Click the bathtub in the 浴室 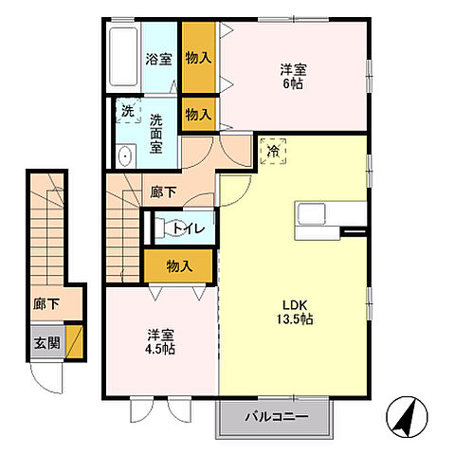pyautogui.click(x=123, y=57)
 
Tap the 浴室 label pyautogui.click(x=158, y=59)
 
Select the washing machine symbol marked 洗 pyautogui.click(x=128, y=111)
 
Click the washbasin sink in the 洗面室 pyautogui.click(x=125, y=156)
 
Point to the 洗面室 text pyautogui.click(x=156, y=134)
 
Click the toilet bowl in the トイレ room pyautogui.click(x=169, y=228)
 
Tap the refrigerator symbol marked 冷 pyautogui.click(x=273, y=152)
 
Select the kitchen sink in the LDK pyautogui.click(x=313, y=213)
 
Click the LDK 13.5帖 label pyautogui.click(x=295, y=312)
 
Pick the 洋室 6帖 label pyautogui.click(x=293, y=77)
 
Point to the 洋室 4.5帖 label pyautogui.click(x=160, y=341)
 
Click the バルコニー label pyautogui.click(x=277, y=416)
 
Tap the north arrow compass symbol pyautogui.click(x=407, y=417)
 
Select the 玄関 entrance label pyautogui.click(x=47, y=342)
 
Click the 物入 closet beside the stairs pyautogui.click(x=178, y=266)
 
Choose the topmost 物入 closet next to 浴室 pyautogui.click(x=199, y=58)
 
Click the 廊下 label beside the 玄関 pyautogui.click(x=46, y=304)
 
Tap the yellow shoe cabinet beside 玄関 pyautogui.click(x=74, y=341)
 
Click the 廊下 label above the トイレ pyautogui.click(x=163, y=192)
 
